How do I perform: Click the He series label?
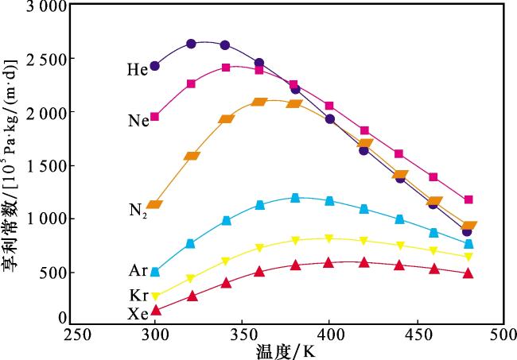pos(137,70)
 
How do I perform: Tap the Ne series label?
pos(137,121)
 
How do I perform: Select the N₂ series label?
pos(137,211)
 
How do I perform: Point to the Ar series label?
pos(137,271)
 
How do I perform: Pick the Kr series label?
pos(137,296)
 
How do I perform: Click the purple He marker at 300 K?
pos(155,66)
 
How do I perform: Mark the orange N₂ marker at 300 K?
pos(154,205)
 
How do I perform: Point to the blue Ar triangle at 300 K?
pos(155,272)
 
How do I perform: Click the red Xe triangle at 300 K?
pos(155,310)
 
